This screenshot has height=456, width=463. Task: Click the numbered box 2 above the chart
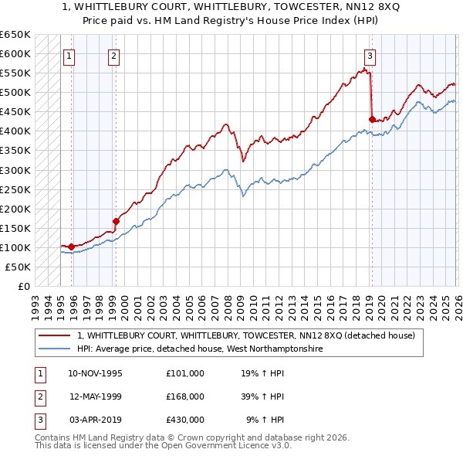click(x=114, y=55)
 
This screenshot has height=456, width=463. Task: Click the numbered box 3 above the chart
click(x=370, y=55)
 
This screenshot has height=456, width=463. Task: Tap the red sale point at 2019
click(x=372, y=119)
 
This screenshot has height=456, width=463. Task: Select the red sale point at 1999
click(x=116, y=221)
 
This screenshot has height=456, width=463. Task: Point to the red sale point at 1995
click(x=71, y=247)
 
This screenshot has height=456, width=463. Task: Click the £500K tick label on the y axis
click(x=15, y=93)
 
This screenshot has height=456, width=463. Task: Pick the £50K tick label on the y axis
click(x=18, y=267)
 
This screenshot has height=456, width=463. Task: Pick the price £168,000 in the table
click(x=185, y=396)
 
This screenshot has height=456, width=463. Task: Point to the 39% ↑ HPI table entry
click(x=263, y=396)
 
